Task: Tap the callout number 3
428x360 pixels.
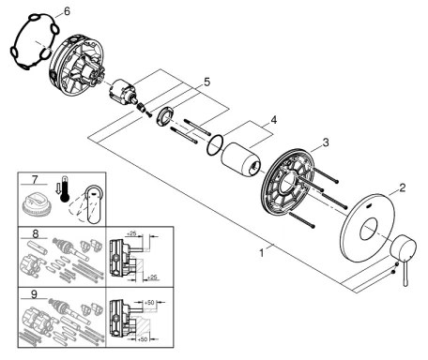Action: (327, 142)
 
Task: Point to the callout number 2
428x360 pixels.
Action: (403, 187)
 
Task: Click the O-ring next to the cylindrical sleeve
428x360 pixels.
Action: (215, 145)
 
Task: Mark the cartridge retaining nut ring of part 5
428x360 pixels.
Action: (161, 116)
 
